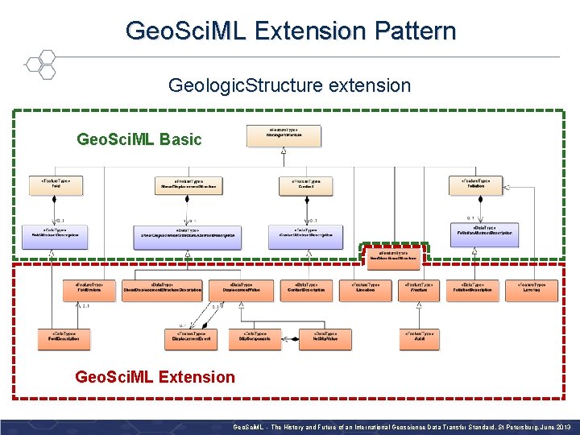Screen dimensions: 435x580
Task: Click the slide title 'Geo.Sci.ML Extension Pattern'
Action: tap(290, 31)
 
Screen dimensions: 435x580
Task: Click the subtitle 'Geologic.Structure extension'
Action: tap(289, 85)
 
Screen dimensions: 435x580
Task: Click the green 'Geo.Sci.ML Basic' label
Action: tap(139, 139)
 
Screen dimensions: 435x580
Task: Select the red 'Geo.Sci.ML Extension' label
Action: tap(155, 376)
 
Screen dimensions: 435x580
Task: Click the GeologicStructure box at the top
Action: tap(283, 135)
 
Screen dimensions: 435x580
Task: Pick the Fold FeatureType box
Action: tap(55, 184)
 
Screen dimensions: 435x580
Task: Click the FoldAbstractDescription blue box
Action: tap(55, 234)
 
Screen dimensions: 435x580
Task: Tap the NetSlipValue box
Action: tap(325, 338)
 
